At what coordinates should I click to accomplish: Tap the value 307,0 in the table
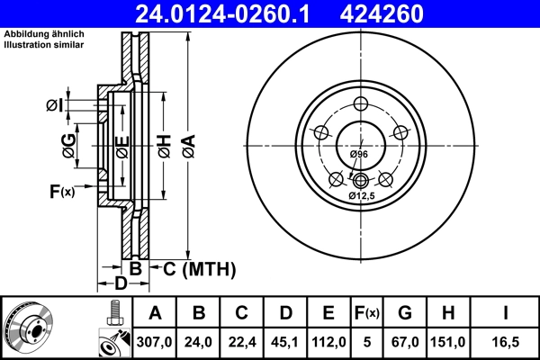(155, 340)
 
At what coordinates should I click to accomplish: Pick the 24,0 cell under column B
(199, 340)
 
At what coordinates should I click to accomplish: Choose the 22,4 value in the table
(242, 340)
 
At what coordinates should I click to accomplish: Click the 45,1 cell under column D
(285, 340)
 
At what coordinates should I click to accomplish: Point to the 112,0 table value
(328, 340)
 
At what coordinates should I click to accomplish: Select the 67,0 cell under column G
(405, 340)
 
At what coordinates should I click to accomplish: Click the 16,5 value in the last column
(507, 340)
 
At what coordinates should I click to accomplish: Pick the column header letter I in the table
(507, 313)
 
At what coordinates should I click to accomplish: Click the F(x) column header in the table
(367, 313)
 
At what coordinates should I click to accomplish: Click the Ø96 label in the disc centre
(359, 156)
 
